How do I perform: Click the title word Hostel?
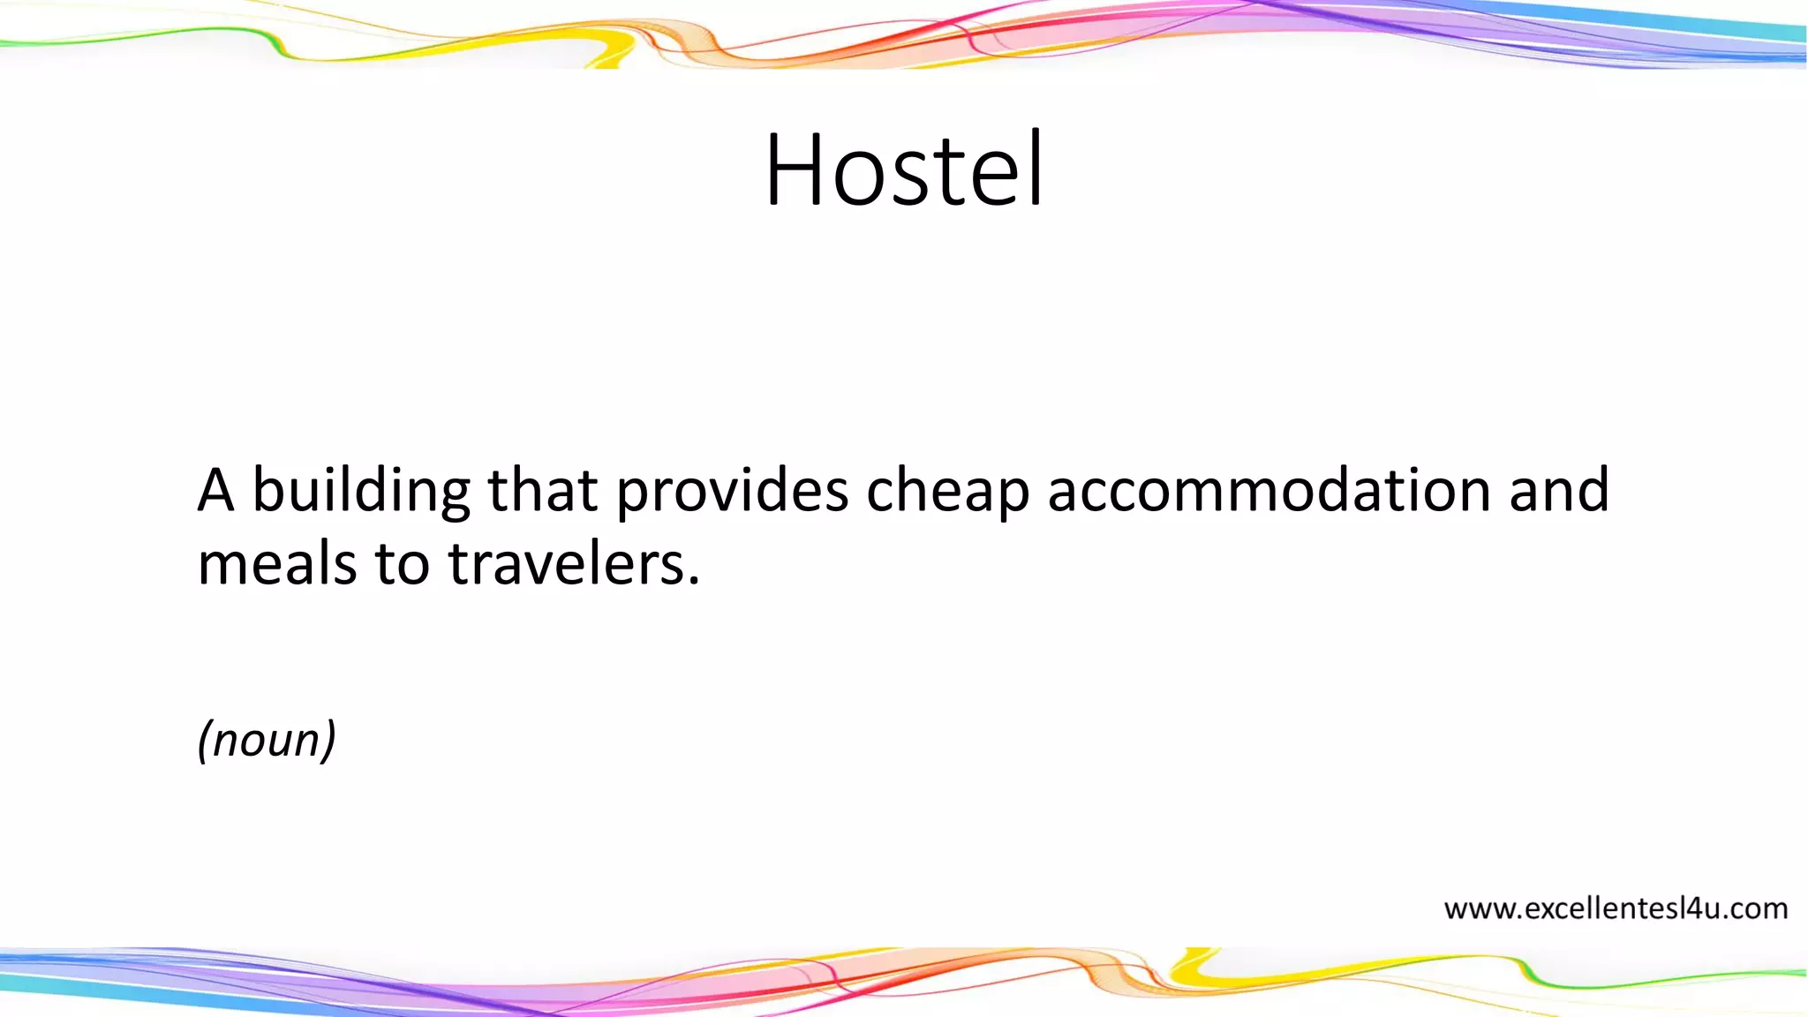(904, 169)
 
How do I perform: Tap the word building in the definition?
(361, 493)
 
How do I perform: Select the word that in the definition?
(542, 491)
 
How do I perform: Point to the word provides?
(732, 493)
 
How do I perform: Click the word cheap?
(947, 493)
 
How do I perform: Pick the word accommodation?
(1269, 491)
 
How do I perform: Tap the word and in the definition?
(1559, 491)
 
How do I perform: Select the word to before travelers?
(403, 565)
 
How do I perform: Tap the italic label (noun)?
(267, 740)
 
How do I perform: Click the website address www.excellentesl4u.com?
(1616, 908)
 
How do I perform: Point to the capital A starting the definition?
(215, 491)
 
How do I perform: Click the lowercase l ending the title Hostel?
(1037, 168)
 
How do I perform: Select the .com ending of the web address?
(1754, 908)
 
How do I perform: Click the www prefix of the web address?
(1479, 909)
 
